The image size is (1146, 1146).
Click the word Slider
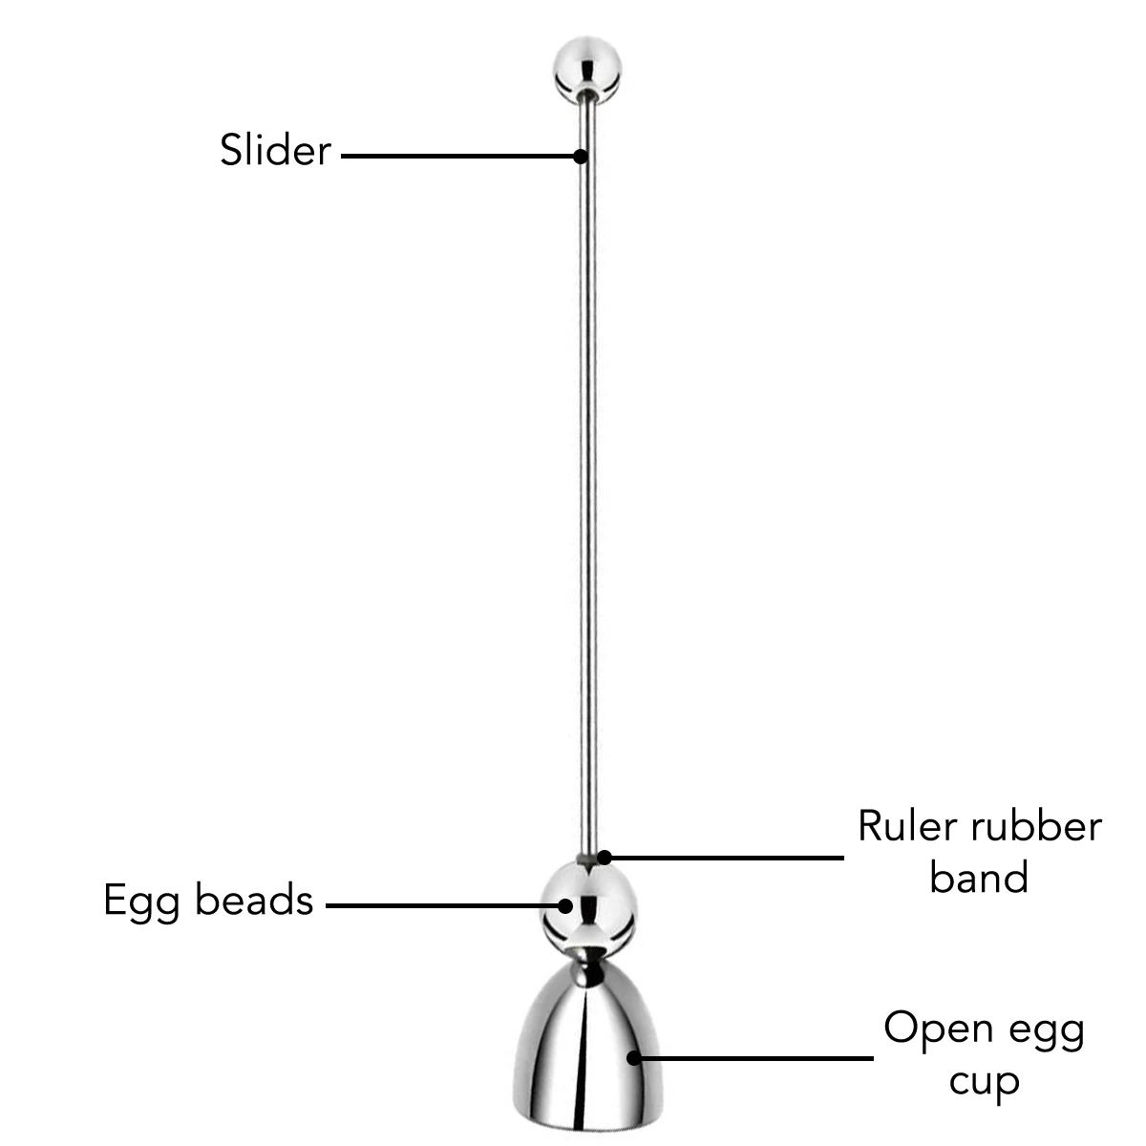tap(275, 151)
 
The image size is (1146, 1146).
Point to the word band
tap(978, 878)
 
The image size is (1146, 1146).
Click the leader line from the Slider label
tap(458, 155)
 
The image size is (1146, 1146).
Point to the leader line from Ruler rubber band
tap(726, 858)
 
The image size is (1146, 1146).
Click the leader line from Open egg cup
tap(754, 1057)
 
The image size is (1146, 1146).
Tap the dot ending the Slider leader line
tap(579, 155)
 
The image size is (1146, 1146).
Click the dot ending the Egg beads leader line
tap(565, 904)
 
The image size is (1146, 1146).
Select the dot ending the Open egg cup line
tap(632, 1057)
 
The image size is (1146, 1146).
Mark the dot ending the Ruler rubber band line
tap(604, 858)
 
